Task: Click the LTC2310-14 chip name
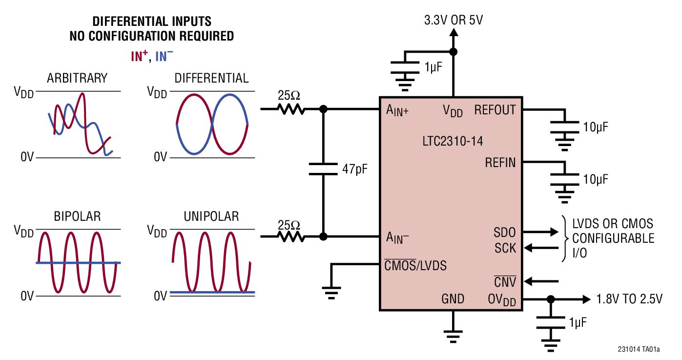pyautogui.click(x=453, y=142)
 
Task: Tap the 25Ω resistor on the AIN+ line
pyautogui.click(x=291, y=109)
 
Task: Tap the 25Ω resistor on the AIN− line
pyautogui.click(x=291, y=237)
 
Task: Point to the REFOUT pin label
pyautogui.click(x=495, y=110)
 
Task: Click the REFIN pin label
pyautogui.click(x=500, y=162)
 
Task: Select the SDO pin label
pyautogui.click(x=504, y=233)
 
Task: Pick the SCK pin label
pyautogui.click(x=505, y=248)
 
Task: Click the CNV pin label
pyautogui.click(x=505, y=282)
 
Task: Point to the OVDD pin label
pyautogui.click(x=501, y=299)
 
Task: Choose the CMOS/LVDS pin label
pyautogui.click(x=415, y=266)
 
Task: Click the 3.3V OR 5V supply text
pyautogui.click(x=454, y=20)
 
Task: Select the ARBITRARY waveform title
pyautogui.click(x=77, y=78)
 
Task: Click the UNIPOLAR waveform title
pyautogui.click(x=211, y=216)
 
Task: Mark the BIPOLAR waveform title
pyautogui.click(x=77, y=216)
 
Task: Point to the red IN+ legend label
pyautogui.click(x=139, y=57)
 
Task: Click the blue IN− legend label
pyautogui.click(x=164, y=57)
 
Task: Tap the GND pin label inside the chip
pyautogui.click(x=453, y=299)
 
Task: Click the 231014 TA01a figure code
pyautogui.click(x=638, y=349)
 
